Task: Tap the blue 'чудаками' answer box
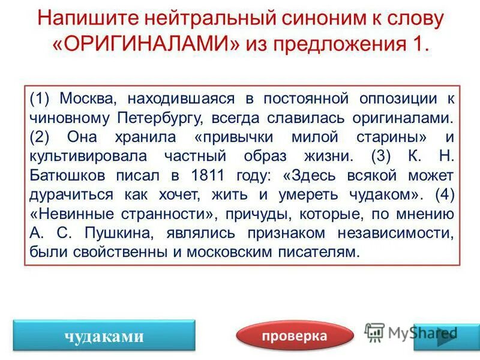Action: tap(104, 336)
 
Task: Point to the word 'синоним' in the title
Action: tap(311, 18)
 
